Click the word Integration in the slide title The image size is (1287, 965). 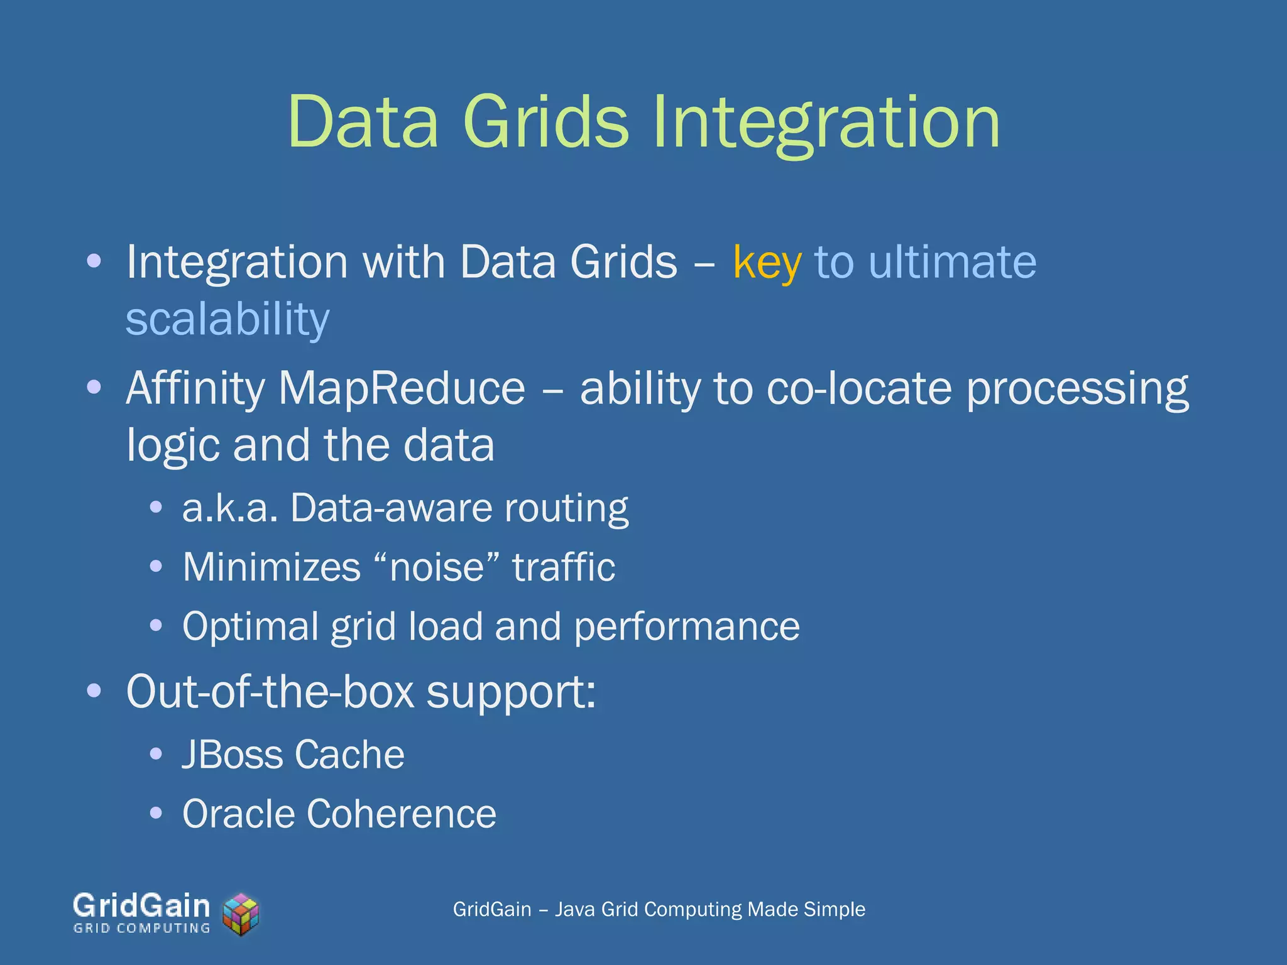[x=826, y=122]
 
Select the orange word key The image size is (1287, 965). [x=767, y=263]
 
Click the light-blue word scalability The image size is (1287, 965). [x=227, y=319]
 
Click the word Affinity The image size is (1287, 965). [x=195, y=389]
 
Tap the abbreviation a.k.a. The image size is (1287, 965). [x=230, y=508]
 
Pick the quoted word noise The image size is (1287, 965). [x=437, y=567]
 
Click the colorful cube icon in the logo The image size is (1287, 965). [x=241, y=914]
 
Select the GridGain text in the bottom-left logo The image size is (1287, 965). [x=141, y=906]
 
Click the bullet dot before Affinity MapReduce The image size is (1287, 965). [x=94, y=387]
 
